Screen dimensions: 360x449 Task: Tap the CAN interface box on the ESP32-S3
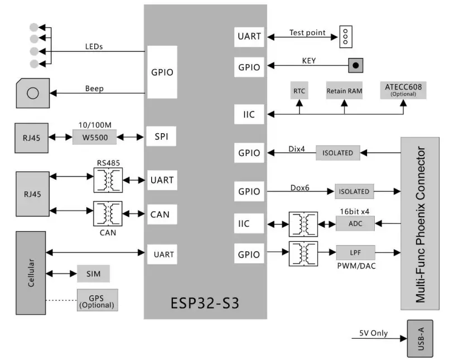160,215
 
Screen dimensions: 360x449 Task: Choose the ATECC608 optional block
403,90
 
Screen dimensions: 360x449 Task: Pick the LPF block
355,252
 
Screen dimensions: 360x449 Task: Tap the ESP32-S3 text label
206,304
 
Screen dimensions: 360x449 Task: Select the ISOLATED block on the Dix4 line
338,152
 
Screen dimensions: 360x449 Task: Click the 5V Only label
373,334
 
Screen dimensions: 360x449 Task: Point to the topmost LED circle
35,27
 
